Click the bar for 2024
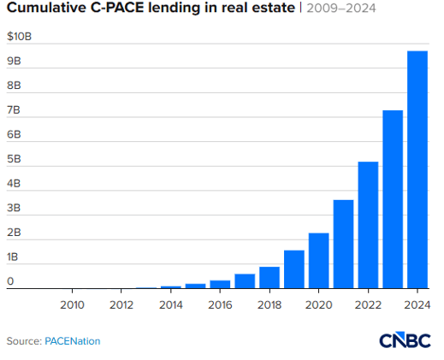point(417,170)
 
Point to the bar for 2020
point(318,261)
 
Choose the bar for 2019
point(293,269)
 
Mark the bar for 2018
point(269,278)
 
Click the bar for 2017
point(245,281)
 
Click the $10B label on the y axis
point(18,38)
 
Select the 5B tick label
point(14,160)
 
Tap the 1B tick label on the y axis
point(14,257)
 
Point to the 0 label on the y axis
point(10,280)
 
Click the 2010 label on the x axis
point(72,304)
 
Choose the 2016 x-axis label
point(220,304)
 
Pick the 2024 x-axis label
point(417,304)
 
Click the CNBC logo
point(406,339)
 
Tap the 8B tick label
point(14,86)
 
